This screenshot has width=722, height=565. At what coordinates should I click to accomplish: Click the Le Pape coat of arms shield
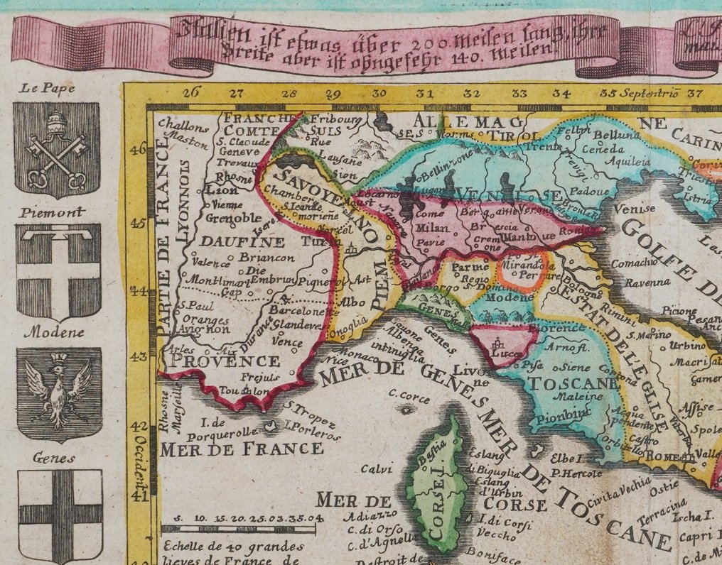[56, 150]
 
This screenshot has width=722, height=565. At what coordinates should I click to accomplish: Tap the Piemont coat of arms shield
[58, 272]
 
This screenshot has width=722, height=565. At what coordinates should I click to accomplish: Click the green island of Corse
[434, 483]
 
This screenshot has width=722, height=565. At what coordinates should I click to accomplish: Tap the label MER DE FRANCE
[242, 449]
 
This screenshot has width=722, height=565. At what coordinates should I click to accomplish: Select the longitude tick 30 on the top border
[379, 93]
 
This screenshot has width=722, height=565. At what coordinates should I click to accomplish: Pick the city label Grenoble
[232, 218]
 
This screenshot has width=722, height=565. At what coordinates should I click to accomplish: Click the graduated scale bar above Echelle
[239, 528]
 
